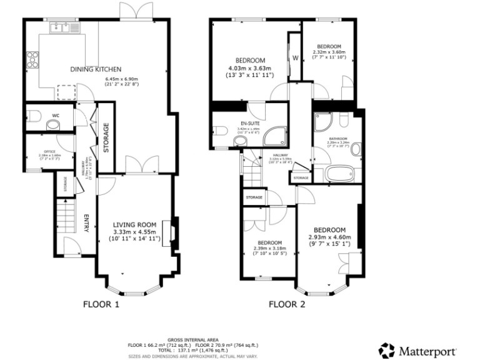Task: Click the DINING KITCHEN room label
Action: coord(95,69)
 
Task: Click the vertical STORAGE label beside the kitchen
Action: coord(106,136)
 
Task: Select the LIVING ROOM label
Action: coord(134,224)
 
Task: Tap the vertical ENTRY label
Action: coord(87,223)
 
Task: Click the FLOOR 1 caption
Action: coord(101,305)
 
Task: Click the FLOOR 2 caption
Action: coord(287,305)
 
